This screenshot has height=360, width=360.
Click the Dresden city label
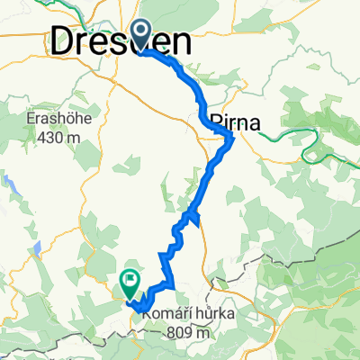click(x=121, y=40)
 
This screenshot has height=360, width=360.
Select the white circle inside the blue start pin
click(x=142, y=31)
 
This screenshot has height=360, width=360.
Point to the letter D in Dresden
click(x=64, y=40)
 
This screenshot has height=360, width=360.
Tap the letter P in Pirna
click(x=214, y=121)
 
